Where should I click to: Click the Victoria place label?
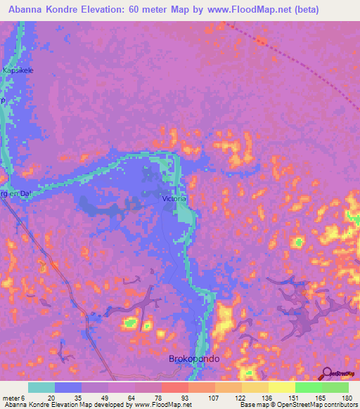(x=175, y=199)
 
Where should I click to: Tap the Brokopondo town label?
(x=195, y=358)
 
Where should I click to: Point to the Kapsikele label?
(x=18, y=71)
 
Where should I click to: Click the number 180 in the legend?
(x=347, y=397)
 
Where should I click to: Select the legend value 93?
(x=166, y=397)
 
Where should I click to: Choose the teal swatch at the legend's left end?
(x=41, y=387)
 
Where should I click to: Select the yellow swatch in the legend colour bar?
(x=281, y=387)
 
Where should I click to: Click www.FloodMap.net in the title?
(x=230, y=10)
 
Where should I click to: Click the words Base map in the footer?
(x=252, y=405)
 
